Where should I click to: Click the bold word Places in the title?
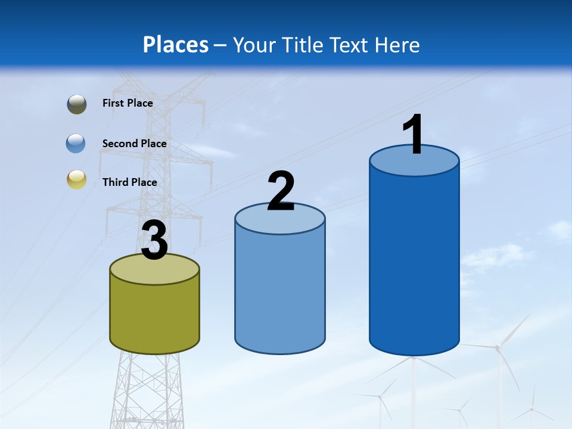tap(176, 45)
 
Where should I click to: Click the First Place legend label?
tap(128, 103)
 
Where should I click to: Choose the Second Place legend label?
tap(134, 143)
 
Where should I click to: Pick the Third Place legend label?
tap(129, 182)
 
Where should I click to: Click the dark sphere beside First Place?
tap(77, 104)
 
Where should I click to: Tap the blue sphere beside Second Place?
tap(76, 143)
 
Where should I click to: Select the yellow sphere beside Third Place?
tap(77, 179)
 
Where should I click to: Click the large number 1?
tap(414, 135)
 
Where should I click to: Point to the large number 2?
tap(281, 191)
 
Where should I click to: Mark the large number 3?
tap(154, 241)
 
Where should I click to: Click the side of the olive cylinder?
tap(154, 316)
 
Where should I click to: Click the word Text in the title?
tap(349, 45)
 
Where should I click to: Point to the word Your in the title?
tap(253, 45)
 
